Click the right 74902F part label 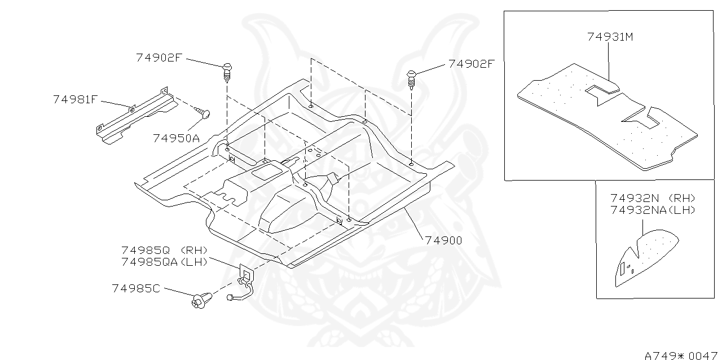(x=472, y=64)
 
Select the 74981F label (x=76, y=99)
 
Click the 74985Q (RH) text (x=164, y=250)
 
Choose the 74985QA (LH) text (x=164, y=261)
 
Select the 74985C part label (x=136, y=288)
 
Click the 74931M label (x=610, y=37)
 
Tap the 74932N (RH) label (x=653, y=199)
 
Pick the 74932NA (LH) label (x=653, y=210)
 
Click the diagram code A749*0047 (x=681, y=355)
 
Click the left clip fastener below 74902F (x=228, y=72)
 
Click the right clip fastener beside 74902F (x=412, y=80)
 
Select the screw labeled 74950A (x=203, y=113)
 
